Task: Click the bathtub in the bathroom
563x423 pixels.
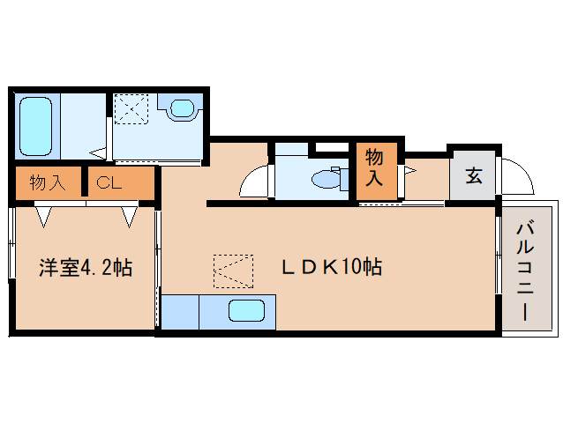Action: (x=35, y=126)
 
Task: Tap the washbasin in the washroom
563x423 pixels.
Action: (x=183, y=108)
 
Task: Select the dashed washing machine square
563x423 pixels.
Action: (x=131, y=109)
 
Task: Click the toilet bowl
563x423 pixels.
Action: (x=326, y=179)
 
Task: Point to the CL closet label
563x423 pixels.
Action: (x=109, y=183)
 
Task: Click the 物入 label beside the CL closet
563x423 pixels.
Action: (x=48, y=182)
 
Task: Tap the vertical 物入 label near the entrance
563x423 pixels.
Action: (x=374, y=167)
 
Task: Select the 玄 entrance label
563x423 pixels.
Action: (x=474, y=175)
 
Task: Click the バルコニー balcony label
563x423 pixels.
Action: (x=525, y=271)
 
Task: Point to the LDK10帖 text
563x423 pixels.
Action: (x=332, y=267)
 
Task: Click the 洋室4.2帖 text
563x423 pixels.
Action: (x=86, y=267)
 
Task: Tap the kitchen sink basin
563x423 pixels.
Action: (x=247, y=310)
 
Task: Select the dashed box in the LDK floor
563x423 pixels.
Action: (x=233, y=271)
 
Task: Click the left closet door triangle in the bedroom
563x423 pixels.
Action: (x=44, y=217)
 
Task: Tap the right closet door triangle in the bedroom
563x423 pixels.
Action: (x=129, y=217)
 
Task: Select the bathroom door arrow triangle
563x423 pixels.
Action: (x=98, y=153)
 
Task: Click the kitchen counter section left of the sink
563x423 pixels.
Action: (x=180, y=312)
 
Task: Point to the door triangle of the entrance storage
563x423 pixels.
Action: (x=410, y=170)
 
